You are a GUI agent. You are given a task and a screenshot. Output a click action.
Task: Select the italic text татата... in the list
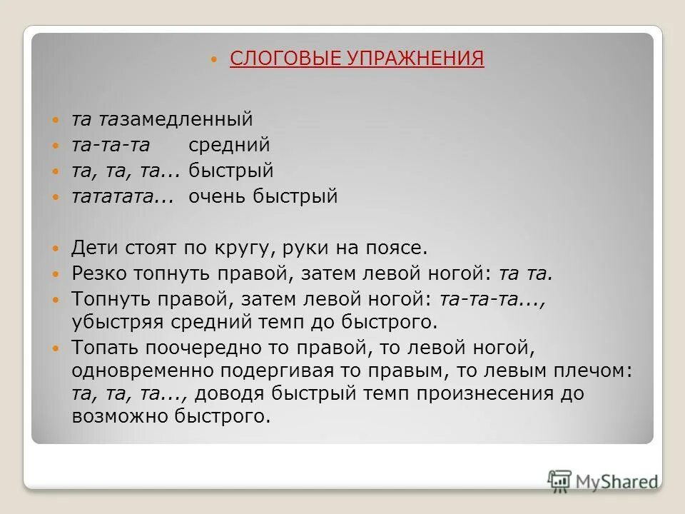tap(123, 196)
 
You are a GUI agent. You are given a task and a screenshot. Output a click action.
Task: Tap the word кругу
tap(245, 248)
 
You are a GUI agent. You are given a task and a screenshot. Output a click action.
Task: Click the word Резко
tap(98, 273)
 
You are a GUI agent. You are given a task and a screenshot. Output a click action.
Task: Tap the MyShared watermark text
tap(618, 482)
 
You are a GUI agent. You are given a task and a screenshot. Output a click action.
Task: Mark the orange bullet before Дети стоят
tap(57, 249)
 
